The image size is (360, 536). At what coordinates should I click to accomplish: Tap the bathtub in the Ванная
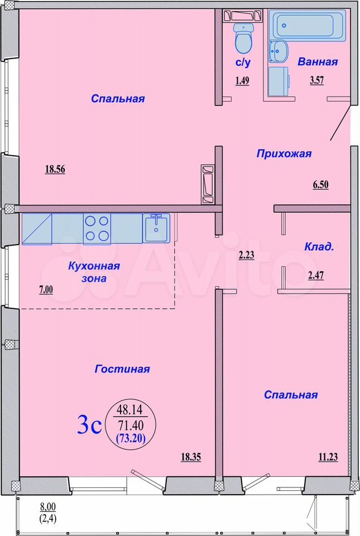[x=307, y=25]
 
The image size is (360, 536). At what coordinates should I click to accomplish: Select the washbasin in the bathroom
[x=278, y=51]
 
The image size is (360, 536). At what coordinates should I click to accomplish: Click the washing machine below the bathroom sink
[x=279, y=82]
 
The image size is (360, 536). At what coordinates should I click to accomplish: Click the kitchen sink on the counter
[x=156, y=228]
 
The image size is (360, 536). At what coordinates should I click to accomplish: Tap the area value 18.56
[x=55, y=169]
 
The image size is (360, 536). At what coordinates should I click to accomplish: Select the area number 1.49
[x=242, y=80]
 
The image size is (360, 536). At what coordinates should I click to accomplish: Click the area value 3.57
[x=316, y=80]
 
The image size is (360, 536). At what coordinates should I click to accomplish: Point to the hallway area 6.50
[x=320, y=185]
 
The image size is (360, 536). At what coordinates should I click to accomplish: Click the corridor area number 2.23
[x=246, y=255]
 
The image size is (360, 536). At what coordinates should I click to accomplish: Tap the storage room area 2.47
[x=316, y=275]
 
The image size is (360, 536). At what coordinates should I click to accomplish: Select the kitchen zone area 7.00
[x=46, y=290]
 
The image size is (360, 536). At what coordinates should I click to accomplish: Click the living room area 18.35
[x=190, y=457]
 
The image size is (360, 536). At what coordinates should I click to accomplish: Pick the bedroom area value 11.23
[x=328, y=457]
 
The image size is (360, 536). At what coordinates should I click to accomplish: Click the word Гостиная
[x=122, y=369]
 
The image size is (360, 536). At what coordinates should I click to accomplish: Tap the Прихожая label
[x=284, y=154]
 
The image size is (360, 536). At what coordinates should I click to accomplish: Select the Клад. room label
[x=319, y=247]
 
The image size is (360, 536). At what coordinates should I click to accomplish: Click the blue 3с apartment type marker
[x=90, y=424]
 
